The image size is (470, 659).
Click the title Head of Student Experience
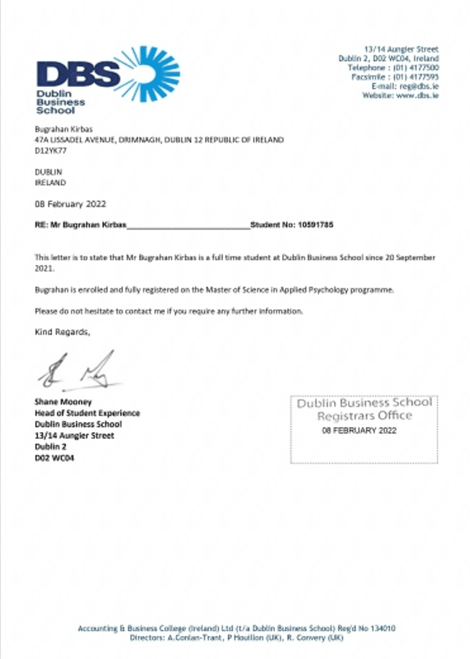[87, 413]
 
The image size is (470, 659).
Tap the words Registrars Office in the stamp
[364, 416]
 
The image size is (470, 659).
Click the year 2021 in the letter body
[44, 269]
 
